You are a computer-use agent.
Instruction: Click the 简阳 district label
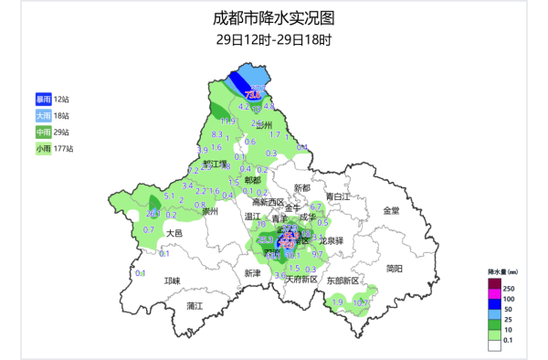pos(395,268)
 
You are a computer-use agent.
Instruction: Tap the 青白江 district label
pos(337,196)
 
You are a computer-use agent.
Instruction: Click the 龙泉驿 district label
pos(324,240)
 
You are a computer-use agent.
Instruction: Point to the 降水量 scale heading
pos(503,271)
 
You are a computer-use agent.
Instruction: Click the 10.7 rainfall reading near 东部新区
pos(363,302)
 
